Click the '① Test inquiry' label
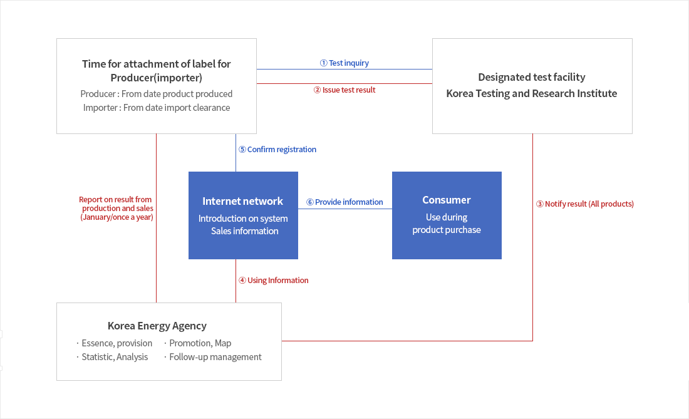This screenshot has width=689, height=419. (x=344, y=63)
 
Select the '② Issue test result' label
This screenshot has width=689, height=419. (x=344, y=90)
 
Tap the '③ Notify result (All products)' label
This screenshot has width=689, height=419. (x=584, y=204)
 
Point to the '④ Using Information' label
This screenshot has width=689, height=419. (x=273, y=280)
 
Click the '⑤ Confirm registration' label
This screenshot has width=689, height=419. (x=277, y=150)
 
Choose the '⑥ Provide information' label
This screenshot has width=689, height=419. (x=344, y=202)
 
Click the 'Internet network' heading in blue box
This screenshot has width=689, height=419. (x=242, y=201)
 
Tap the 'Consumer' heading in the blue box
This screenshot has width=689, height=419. (x=446, y=200)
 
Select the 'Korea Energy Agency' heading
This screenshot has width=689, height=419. (x=157, y=326)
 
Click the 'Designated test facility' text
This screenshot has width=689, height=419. (x=531, y=77)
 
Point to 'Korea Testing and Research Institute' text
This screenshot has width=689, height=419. (x=531, y=93)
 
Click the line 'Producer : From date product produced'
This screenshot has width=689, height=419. (x=156, y=94)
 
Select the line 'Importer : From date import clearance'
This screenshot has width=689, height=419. (x=156, y=108)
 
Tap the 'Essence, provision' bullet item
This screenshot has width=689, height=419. (x=117, y=343)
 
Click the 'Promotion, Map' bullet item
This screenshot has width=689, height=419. (x=200, y=343)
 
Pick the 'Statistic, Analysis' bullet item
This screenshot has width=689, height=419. (x=115, y=357)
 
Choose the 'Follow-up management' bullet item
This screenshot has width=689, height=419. (x=215, y=357)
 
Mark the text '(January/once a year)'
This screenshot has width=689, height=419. (x=117, y=217)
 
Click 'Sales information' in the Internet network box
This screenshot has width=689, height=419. (x=244, y=231)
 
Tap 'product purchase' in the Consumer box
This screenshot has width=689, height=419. (x=446, y=230)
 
